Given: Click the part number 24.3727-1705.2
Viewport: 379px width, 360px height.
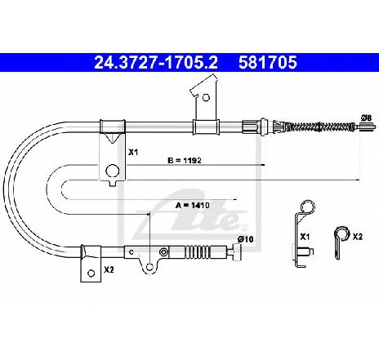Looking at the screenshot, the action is tap(156, 62).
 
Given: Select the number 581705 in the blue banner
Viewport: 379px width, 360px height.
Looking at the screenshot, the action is tap(268, 62).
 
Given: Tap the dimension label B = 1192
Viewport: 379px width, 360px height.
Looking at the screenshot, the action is tap(185, 160).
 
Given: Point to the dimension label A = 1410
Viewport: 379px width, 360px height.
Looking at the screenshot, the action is tap(193, 205).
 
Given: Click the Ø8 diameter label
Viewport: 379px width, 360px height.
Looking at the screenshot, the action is tap(366, 118).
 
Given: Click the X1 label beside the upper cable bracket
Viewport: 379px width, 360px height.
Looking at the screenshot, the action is tap(133, 153).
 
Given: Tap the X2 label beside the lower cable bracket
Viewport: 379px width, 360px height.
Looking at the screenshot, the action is tap(109, 269).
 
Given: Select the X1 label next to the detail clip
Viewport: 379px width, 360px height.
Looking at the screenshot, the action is tap(305, 237).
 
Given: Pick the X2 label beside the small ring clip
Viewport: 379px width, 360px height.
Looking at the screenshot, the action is tap(358, 237).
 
